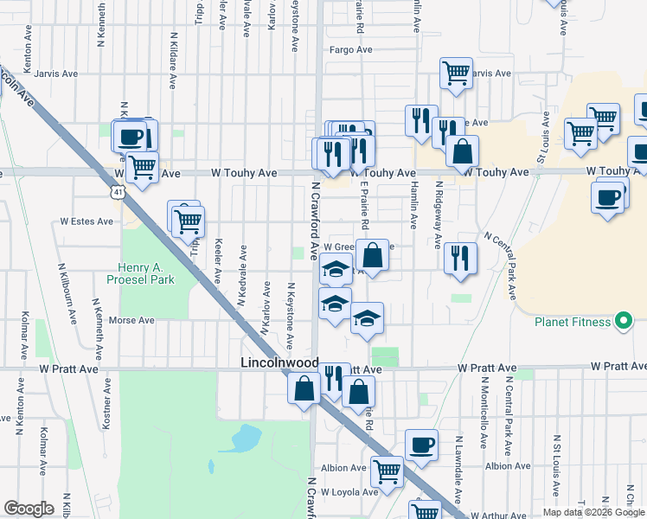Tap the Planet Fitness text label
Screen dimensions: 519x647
point(572,323)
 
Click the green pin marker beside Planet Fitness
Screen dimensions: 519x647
point(623,323)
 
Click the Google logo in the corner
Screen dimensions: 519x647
point(29,509)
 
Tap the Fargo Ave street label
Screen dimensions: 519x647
point(350,50)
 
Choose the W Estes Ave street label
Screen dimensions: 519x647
point(86,221)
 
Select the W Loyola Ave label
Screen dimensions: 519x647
point(349,492)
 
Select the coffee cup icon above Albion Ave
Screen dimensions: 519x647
point(421,445)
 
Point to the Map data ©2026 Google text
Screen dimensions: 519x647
point(593,512)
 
